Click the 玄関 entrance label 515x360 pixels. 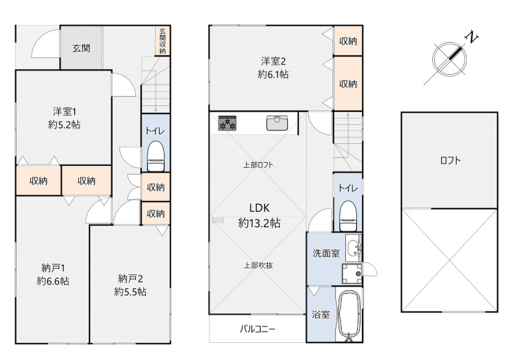81,48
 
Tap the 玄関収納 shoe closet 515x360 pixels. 162,41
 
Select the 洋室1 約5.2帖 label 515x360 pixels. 64,118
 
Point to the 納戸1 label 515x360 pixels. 53,268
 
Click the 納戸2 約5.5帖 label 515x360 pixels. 130,285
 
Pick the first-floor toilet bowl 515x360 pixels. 156,156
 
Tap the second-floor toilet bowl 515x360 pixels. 348,216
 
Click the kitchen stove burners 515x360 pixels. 227,123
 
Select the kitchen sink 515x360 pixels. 277,123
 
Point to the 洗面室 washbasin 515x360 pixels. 354,247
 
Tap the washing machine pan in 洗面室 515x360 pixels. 351,274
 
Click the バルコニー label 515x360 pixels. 257,329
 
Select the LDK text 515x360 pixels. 260,208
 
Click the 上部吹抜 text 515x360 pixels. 258,265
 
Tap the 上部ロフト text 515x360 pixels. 258,165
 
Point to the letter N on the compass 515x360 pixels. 472,37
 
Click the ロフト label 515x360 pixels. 450,160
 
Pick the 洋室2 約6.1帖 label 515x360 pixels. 273,68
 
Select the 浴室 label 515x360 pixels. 321,314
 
